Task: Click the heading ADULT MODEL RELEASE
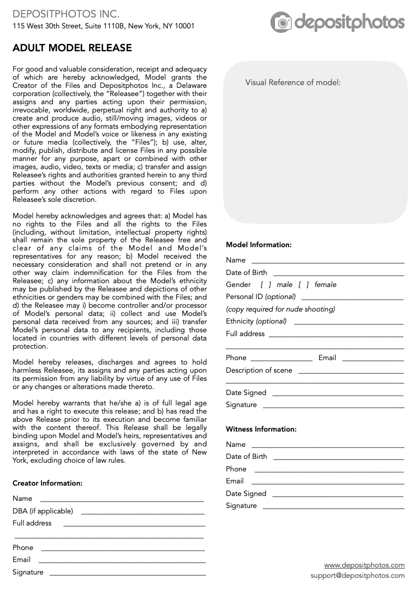pyautogui.click(x=72, y=48)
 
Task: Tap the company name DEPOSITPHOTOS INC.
pyautogui.click(x=66, y=14)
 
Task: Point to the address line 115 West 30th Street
pyautogui.click(x=103, y=26)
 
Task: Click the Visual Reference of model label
pyautogui.click(x=292, y=82)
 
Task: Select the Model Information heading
pyautogui.click(x=259, y=245)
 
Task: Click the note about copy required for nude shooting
pyautogui.click(x=280, y=309)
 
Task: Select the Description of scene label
pyautogui.click(x=259, y=370)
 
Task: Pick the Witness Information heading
pyautogui.click(x=261, y=429)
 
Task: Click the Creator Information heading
pyautogui.click(x=47, y=483)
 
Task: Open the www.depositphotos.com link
pyautogui.click(x=364, y=565)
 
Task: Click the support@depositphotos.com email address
pyautogui.click(x=357, y=576)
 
